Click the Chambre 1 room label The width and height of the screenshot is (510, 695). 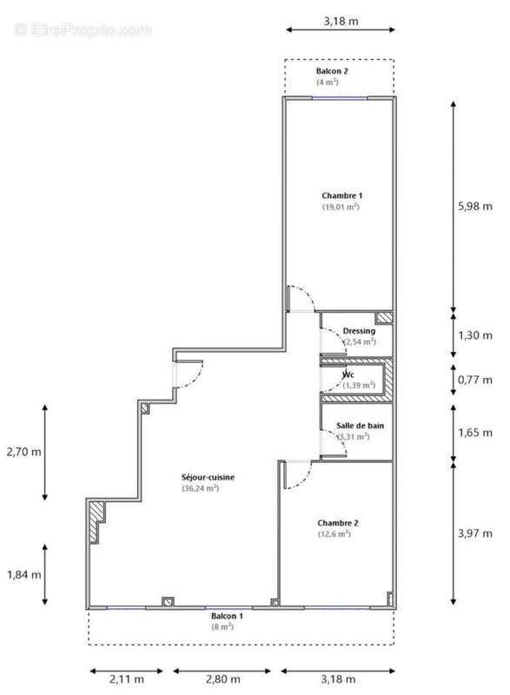click(341, 195)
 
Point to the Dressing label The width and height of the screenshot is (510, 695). click(359, 332)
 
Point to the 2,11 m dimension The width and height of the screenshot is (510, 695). click(127, 678)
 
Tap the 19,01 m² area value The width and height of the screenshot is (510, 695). click(341, 207)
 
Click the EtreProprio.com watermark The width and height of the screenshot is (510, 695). click(83, 30)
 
